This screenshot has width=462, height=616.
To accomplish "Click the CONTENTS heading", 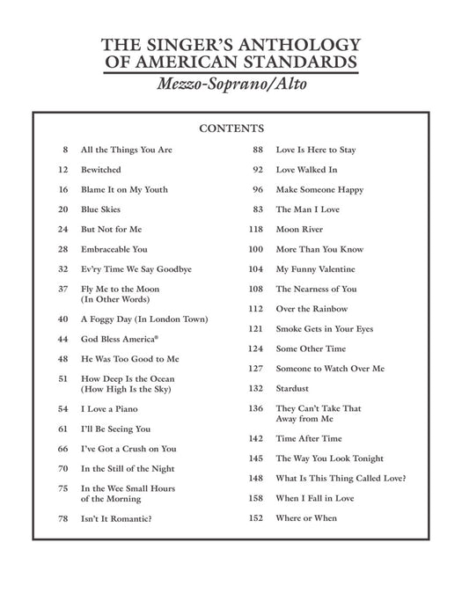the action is click(231, 128).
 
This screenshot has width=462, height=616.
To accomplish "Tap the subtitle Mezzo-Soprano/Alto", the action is click(231, 85).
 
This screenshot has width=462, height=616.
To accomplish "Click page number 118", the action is click(256, 229).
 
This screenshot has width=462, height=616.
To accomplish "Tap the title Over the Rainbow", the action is click(312, 309).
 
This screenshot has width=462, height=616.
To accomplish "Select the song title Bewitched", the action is click(101, 169).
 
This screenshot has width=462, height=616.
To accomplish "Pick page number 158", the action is click(256, 498).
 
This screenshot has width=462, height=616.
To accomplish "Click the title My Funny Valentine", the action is click(315, 268).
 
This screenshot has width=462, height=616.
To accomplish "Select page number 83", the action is click(258, 209).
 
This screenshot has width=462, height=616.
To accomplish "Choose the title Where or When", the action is click(306, 518).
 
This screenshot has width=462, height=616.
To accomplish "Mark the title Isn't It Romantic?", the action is click(116, 518).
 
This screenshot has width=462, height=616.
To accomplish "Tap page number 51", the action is click(63, 378).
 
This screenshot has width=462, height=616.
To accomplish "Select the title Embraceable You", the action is click(114, 249).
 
